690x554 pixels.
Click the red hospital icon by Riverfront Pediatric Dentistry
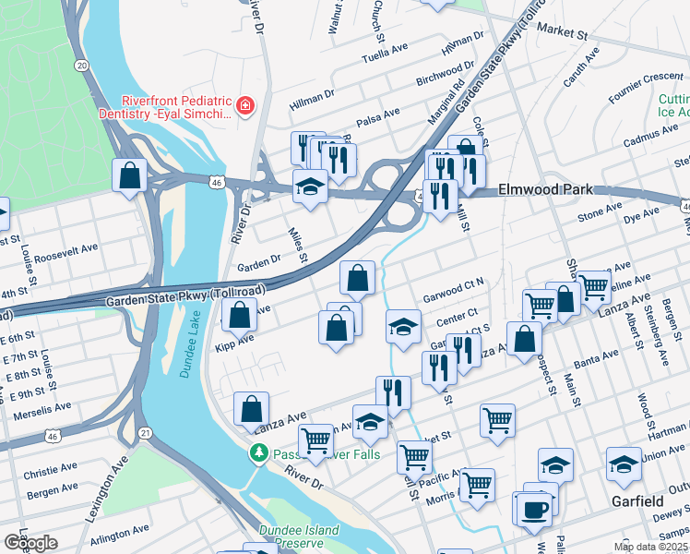coord(245,106)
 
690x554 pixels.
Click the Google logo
coord(30,542)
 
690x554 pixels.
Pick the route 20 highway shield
coord(82,66)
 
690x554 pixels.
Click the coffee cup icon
coord(535,509)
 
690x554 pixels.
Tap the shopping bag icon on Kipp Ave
coord(239,315)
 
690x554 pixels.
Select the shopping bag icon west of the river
coord(129,175)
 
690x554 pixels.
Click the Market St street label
coord(562,32)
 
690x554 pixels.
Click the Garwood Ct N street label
coord(453,297)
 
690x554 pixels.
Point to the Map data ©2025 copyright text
coord(651,547)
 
